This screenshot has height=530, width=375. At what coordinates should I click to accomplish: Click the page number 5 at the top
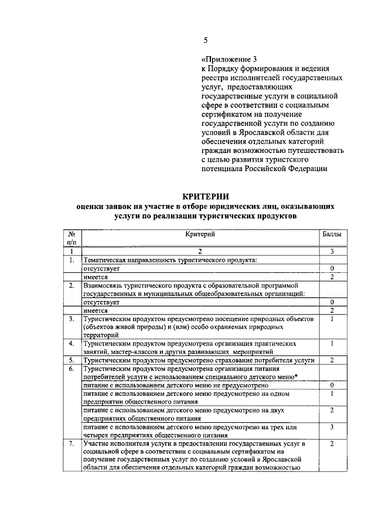pyautogui.click(x=205, y=40)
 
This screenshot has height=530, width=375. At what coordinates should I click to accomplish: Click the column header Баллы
pyautogui.click(x=332, y=234)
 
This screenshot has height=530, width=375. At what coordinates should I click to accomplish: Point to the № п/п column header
pyautogui.click(x=73, y=238)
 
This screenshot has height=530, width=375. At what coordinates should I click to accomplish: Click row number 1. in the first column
pyautogui.click(x=71, y=259)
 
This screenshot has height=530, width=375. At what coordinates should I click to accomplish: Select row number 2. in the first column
pyautogui.click(x=71, y=285)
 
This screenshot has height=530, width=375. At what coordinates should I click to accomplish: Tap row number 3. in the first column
pyautogui.click(x=71, y=319)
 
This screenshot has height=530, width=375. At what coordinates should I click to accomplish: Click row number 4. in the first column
pyautogui.click(x=71, y=343)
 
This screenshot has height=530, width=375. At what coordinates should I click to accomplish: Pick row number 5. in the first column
pyautogui.click(x=71, y=360)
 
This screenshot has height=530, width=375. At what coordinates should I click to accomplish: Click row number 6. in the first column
pyautogui.click(x=71, y=369)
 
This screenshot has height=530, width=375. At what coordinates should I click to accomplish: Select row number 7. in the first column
pyautogui.click(x=71, y=444)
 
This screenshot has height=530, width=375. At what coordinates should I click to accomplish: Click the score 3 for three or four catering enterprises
pyautogui.click(x=332, y=428)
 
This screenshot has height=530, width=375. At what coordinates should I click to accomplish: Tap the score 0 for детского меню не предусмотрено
pyautogui.click(x=332, y=385)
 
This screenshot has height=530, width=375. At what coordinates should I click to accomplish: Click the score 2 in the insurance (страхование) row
pyautogui.click(x=332, y=360)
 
